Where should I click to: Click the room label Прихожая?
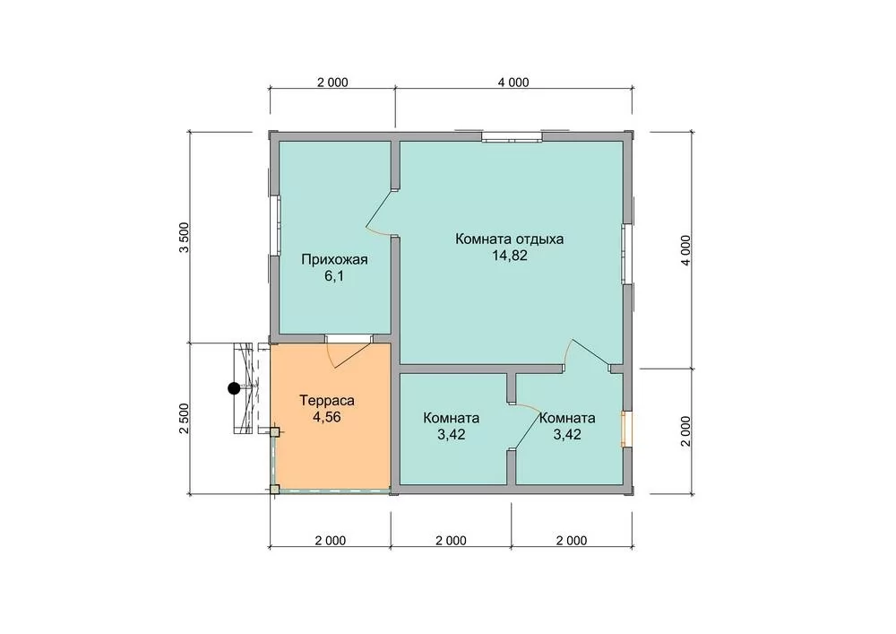tap(334, 259)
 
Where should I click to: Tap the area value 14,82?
tap(510, 256)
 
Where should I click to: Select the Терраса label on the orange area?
tap(327, 400)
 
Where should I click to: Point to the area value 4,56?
tap(327, 417)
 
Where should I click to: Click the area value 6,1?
tap(334, 277)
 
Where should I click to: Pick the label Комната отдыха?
tap(509, 239)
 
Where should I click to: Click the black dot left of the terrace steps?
tap(234, 389)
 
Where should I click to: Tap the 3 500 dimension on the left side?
tap(184, 238)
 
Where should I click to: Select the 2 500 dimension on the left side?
tap(184, 419)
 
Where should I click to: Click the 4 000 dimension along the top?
tap(513, 83)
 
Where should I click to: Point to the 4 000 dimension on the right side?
tap(685, 250)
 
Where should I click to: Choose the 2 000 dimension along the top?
tap(332, 83)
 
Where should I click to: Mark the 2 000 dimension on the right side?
tap(685, 430)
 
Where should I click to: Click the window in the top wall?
tap(512, 137)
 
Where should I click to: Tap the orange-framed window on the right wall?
tap(627, 428)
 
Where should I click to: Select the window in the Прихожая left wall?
tap(274, 226)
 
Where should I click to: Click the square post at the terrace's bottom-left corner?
tap(275, 490)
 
